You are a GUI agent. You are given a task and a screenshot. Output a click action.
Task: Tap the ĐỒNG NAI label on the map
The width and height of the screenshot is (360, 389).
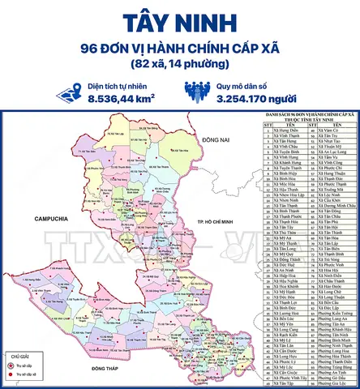218,140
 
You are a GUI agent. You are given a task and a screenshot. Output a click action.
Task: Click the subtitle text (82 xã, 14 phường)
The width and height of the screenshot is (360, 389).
179,63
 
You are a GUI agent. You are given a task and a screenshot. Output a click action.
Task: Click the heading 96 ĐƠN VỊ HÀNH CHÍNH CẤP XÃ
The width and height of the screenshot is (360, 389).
179,47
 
